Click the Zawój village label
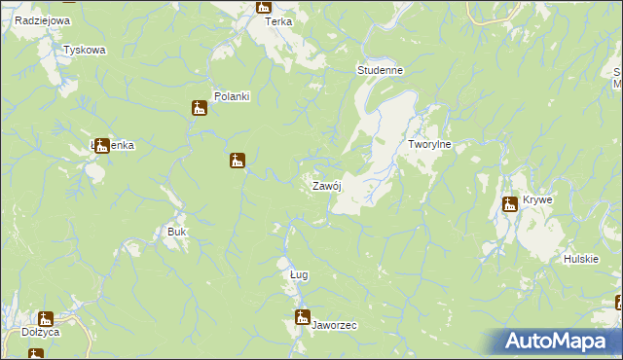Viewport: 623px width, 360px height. pyautogui.click(x=325, y=186)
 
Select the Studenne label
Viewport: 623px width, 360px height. pyautogui.click(x=380, y=71)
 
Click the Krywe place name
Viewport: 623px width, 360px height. pyautogui.click(x=537, y=199)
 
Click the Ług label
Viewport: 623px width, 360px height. pyautogui.click(x=299, y=275)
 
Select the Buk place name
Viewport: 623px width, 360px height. pyautogui.click(x=176, y=233)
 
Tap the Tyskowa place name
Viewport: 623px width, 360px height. pyautogui.click(x=84, y=50)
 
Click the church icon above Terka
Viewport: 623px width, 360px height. pyautogui.click(x=263, y=7)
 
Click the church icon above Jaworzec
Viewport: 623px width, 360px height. pyautogui.click(x=303, y=316)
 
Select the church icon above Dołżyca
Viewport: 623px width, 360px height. pyautogui.click(x=45, y=318)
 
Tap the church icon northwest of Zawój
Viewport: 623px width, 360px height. pyautogui.click(x=237, y=160)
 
